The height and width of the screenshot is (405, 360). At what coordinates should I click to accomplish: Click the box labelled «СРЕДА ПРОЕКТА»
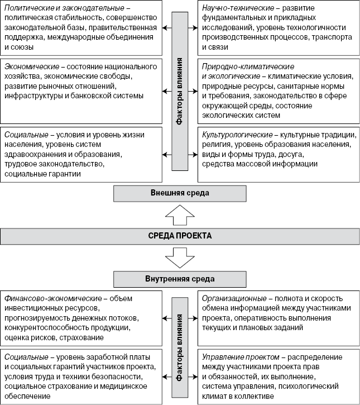click(180, 236)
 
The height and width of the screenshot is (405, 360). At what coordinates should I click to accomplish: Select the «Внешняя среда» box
click(180, 193)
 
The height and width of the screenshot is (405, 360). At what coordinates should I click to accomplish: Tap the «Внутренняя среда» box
click(180, 278)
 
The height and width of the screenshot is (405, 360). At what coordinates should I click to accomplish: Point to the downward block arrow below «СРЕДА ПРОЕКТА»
click(180, 258)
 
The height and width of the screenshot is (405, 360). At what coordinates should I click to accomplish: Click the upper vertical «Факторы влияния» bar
click(180, 92)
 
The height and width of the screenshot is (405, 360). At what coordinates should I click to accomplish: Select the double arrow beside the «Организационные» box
click(193, 318)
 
